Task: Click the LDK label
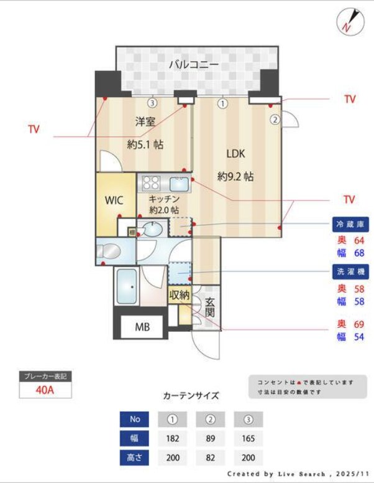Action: coord(235,154)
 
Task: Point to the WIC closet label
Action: coord(114,200)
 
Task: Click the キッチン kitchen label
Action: coord(164,199)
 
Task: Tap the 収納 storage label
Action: coord(179,296)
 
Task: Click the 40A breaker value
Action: coord(45,390)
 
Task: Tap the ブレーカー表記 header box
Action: coord(45,377)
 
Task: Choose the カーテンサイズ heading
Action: coord(191,395)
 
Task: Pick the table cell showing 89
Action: coord(210,438)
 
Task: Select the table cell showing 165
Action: coord(248,438)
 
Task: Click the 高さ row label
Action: coord(134,457)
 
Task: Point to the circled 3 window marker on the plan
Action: coord(151,103)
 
